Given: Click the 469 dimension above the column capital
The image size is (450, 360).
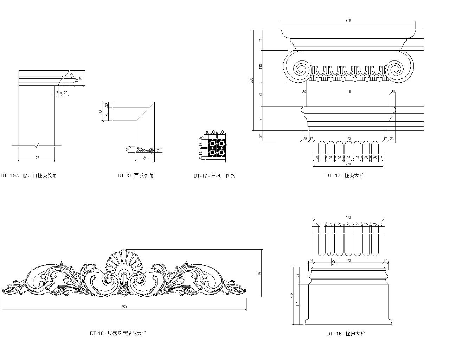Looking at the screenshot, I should [348, 21].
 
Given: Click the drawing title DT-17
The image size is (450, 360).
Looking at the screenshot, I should [345, 175].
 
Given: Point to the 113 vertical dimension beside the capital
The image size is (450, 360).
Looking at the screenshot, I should [261, 66].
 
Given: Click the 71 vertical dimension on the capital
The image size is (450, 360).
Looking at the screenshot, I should [261, 40].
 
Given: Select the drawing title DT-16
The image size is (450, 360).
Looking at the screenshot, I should [345, 333].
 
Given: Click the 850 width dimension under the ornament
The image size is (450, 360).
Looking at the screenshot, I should [124, 307].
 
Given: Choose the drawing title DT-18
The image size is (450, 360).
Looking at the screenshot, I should [118, 333].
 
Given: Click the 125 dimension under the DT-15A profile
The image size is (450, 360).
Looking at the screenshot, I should [37, 158].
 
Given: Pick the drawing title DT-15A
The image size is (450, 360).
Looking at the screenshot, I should [28, 175].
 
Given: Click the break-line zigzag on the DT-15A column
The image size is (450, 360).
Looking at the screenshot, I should [37, 145].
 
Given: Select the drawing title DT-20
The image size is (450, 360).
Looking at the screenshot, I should [135, 175].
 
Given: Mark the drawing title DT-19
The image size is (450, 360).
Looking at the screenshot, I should [214, 175].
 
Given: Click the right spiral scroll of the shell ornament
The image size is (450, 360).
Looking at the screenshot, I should [138, 280].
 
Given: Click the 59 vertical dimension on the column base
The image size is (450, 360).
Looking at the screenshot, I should [298, 275].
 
